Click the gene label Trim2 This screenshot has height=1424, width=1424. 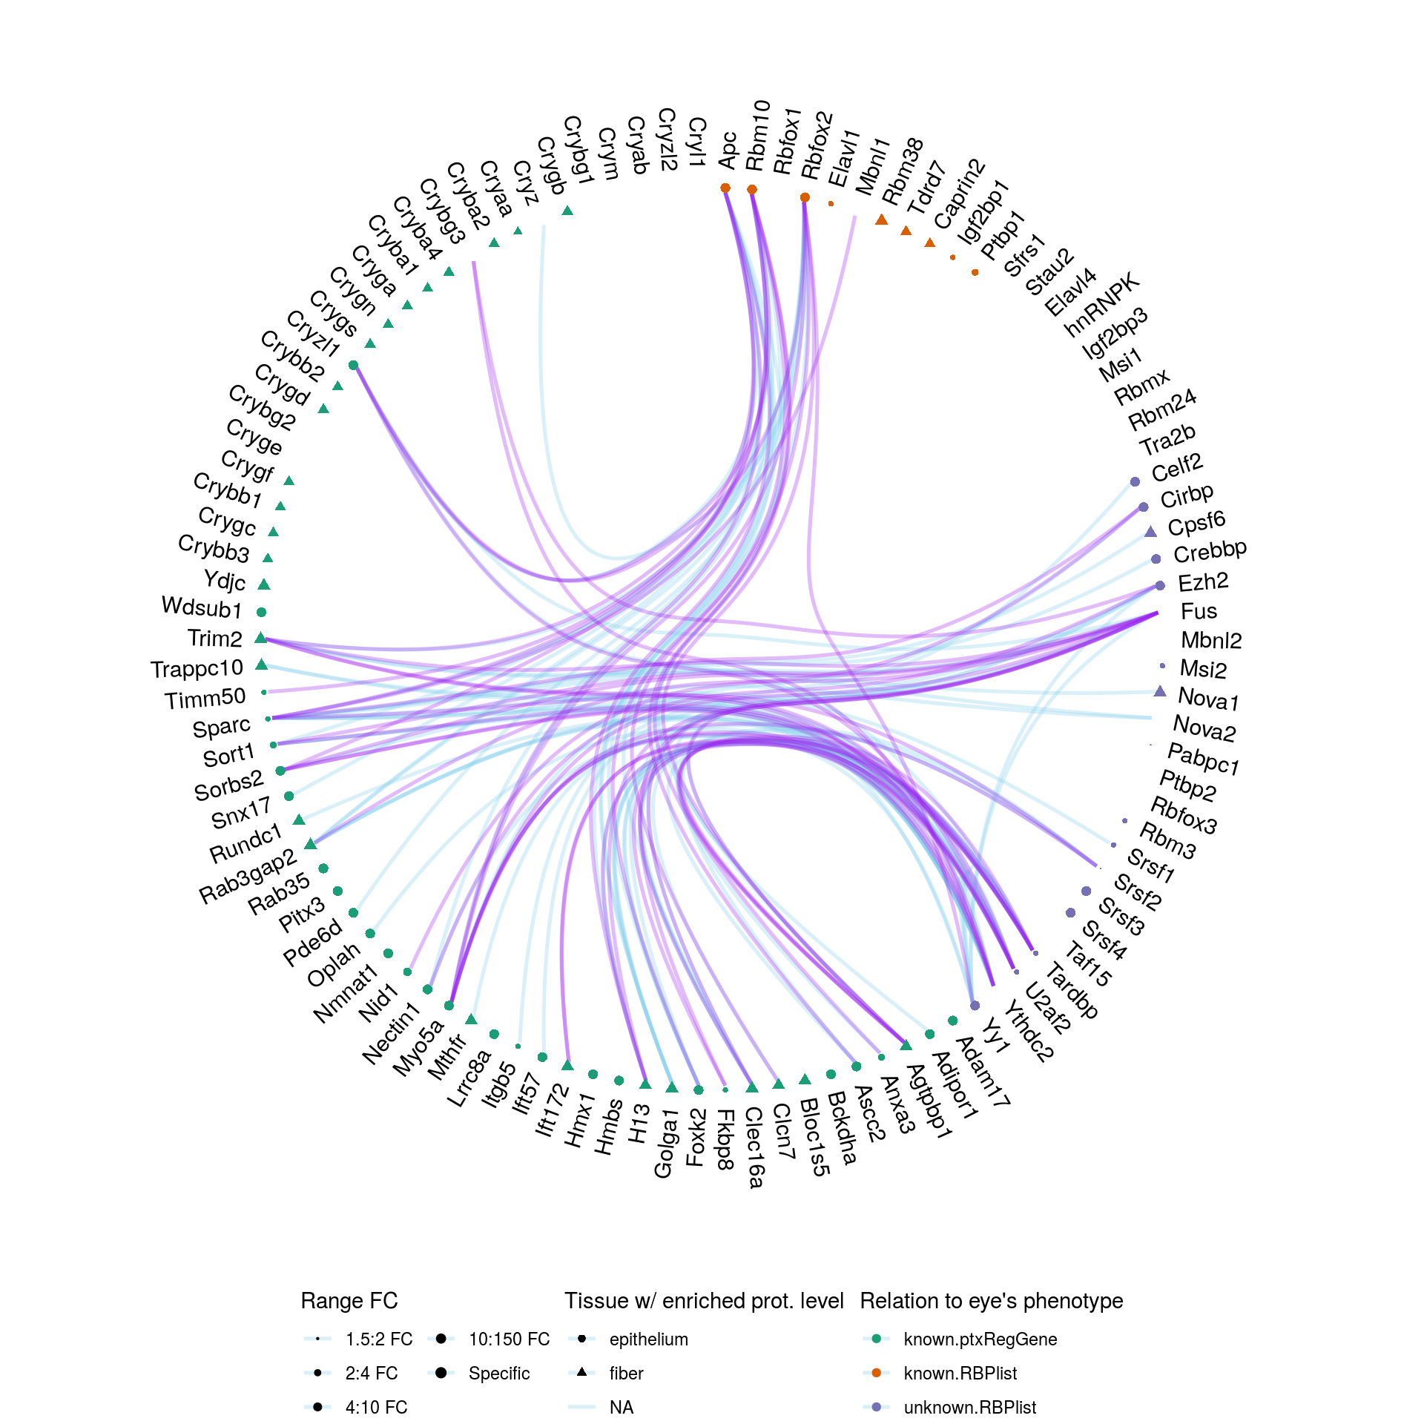click(214, 639)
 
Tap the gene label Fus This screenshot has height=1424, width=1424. click(1199, 612)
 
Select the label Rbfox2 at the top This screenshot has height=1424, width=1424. click(817, 145)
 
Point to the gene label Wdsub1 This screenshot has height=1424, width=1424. click(202, 608)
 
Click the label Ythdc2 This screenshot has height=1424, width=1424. click(1029, 1031)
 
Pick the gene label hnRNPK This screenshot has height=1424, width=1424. click(1101, 305)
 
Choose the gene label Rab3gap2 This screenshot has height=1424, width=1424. click(248, 877)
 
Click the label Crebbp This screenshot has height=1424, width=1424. click(1210, 552)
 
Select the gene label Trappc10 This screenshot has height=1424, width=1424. click(197, 669)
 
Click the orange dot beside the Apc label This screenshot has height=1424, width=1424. click(725, 188)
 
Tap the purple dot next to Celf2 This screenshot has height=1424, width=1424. click(1135, 482)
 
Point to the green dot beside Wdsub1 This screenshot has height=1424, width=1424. click(261, 612)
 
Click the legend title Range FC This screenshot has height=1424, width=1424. click(349, 1301)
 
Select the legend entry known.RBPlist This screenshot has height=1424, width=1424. click(960, 1374)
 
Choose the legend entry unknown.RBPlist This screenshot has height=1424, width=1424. click(969, 1408)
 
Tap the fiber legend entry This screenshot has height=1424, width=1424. click(626, 1374)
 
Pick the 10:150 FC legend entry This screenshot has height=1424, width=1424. click(509, 1339)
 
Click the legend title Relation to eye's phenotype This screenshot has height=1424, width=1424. click(992, 1301)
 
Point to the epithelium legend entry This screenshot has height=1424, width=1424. click(648, 1339)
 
